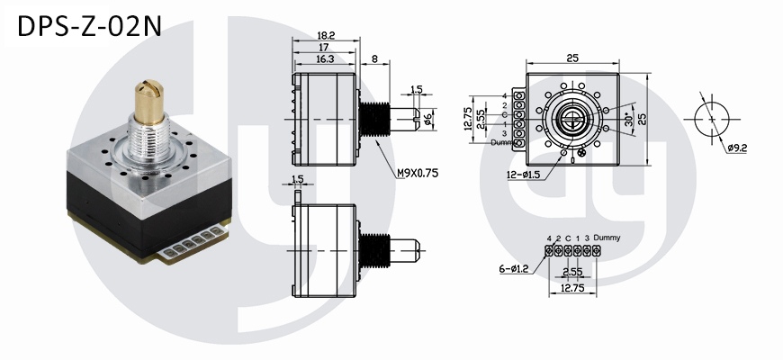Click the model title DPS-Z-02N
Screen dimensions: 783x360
tap(89, 26)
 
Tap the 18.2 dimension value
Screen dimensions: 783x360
tap(326, 35)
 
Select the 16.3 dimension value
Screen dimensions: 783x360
tap(325, 58)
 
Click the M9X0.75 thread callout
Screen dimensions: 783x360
tap(418, 174)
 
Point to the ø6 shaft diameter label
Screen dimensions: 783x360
tap(428, 119)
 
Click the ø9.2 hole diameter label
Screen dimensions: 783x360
tap(736, 148)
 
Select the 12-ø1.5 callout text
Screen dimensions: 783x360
tap(523, 175)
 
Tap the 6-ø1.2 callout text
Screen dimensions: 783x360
tap(513, 269)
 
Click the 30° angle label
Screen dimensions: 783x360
tap(629, 120)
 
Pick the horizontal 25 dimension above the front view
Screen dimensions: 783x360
tap(572, 58)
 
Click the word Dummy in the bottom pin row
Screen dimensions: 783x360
tap(607, 238)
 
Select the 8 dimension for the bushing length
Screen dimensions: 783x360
tap(374, 58)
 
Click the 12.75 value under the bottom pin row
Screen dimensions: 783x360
tap(572, 288)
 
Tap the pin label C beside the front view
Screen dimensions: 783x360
tap(504, 114)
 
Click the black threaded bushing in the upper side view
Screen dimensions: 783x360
tap(374, 119)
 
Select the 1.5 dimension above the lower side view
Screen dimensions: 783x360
tap(297, 179)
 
